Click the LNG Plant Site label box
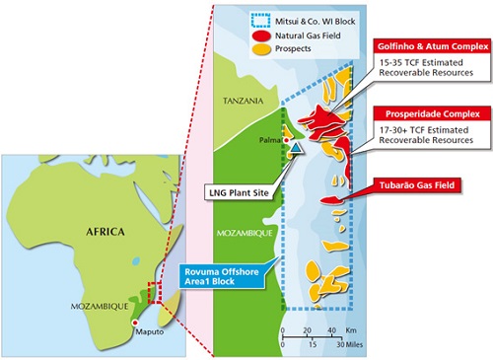(x=242, y=193)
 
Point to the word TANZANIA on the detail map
(x=243, y=100)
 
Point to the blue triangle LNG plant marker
(x=297, y=147)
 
